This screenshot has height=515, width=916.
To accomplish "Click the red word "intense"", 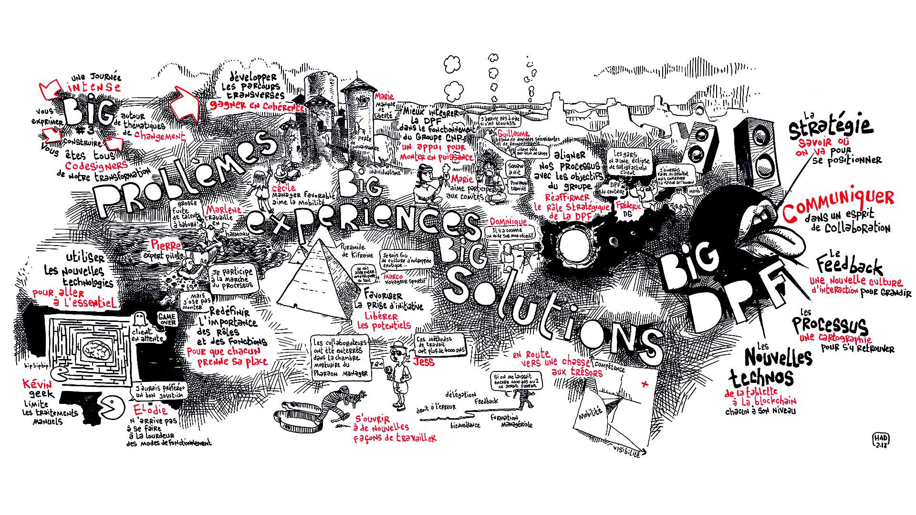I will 94,87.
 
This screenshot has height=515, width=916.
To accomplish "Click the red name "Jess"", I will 424,361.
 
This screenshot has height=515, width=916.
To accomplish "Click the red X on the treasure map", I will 646,384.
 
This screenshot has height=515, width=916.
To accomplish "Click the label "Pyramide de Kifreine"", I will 358,251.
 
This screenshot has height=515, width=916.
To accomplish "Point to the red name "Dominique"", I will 508,222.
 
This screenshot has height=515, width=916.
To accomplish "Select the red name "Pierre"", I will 166,245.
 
